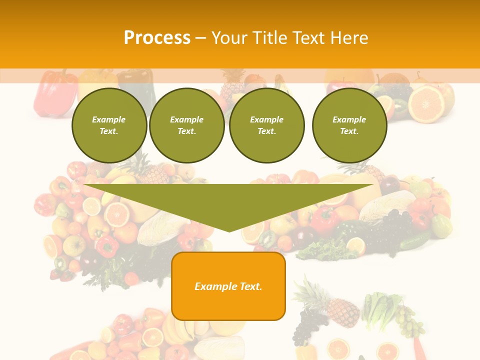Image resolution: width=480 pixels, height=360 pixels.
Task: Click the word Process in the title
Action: (x=157, y=38)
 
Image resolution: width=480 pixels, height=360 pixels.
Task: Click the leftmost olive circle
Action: (x=109, y=125)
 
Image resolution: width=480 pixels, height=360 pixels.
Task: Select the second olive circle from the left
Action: (x=186, y=125)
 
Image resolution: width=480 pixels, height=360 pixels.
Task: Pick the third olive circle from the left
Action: (x=266, y=125)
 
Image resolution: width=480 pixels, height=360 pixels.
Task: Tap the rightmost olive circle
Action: (x=349, y=125)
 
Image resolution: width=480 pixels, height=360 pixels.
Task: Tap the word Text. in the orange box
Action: (x=250, y=286)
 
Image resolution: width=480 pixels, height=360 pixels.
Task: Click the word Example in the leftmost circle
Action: (x=109, y=119)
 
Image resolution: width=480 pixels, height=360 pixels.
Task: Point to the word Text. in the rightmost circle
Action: (x=349, y=131)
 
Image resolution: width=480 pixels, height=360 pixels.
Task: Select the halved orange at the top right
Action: (x=426, y=103)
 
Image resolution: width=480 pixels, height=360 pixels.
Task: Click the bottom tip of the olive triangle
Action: (x=229, y=230)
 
